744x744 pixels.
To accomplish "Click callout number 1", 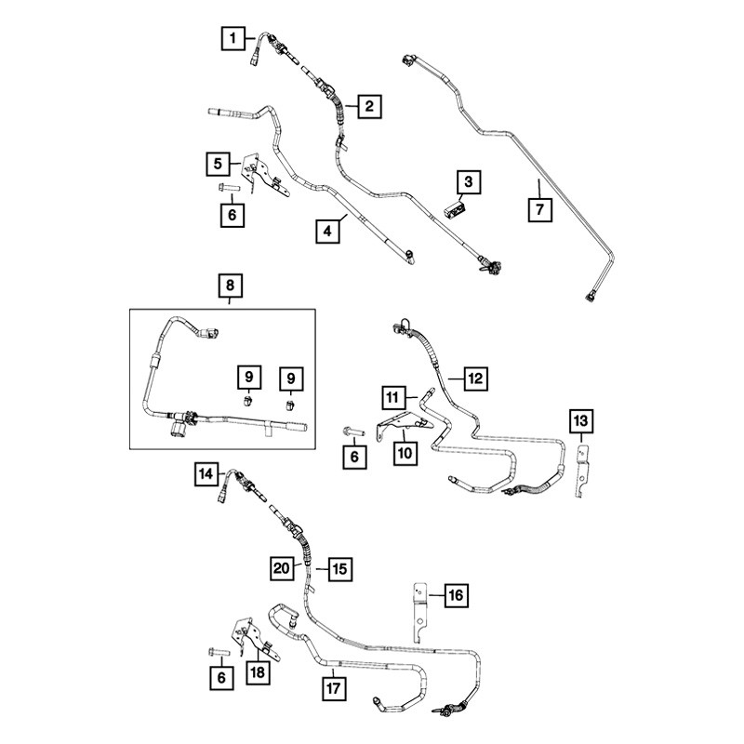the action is [x=233, y=38].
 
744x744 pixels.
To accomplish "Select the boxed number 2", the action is [x=369, y=106].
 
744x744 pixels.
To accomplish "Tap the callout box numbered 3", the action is [x=469, y=182].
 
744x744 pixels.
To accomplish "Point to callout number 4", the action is [x=328, y=231].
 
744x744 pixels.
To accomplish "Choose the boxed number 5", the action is [x=218, y=165].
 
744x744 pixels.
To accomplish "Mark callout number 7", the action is [x=540, y=209].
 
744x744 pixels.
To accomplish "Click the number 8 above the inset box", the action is [x=230, y=286].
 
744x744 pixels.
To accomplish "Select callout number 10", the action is [x=405, y=453].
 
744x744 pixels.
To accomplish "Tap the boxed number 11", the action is [x=392, y=397].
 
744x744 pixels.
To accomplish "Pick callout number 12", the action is [x=475, y=379].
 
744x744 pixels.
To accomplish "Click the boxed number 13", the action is [x=580, y=421].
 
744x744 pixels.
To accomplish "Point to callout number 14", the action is [x=206, y=474].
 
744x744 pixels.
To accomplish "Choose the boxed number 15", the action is [x=340, y=568].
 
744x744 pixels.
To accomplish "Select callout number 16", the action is [x=456, y=595].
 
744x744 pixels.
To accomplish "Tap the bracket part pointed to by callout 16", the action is [x=420, y=612].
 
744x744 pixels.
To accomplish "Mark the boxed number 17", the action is [x=334, y=688].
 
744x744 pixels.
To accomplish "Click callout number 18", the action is [x=258, y=672].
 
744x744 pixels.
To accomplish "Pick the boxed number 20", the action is [x=282, y=568].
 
